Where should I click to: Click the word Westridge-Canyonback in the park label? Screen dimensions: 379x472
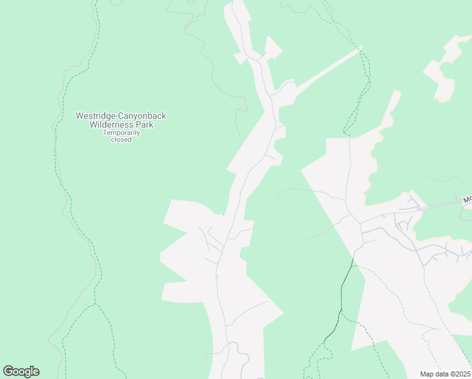coord(121,116)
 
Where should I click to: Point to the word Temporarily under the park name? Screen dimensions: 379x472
coord(121,133)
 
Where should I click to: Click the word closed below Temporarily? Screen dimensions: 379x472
coord(121,140)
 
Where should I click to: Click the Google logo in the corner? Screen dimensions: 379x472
coord(21,371)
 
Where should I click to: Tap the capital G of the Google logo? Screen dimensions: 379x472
coord(8,371)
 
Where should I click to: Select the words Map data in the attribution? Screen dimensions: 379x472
coord(434,374)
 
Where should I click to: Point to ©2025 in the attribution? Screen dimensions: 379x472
coord(460,374)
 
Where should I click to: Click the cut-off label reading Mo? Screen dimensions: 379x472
coord(467,200)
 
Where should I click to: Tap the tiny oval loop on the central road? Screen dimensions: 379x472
coord(216,277)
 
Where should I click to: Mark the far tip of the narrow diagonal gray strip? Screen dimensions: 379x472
coord(360,47)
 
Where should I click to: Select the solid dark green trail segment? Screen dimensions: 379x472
coord(341,303)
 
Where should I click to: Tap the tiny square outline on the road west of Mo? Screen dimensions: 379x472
coord(383,216)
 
